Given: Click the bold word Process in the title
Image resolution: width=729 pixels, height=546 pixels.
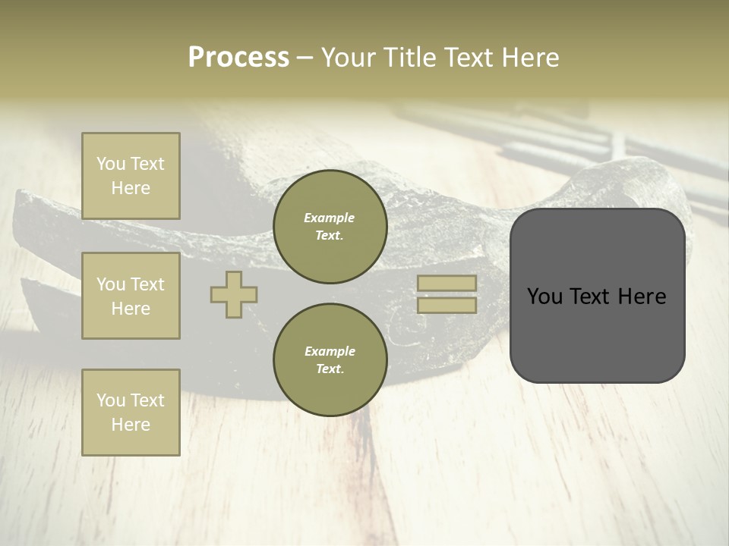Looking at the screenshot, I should tap(238, 58).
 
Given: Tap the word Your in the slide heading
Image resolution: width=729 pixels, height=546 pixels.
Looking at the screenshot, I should tap(350, 58).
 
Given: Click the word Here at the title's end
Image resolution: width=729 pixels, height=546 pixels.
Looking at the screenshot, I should tap(531, 58).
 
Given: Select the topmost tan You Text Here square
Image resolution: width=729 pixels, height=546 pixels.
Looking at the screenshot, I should tap(131, 176).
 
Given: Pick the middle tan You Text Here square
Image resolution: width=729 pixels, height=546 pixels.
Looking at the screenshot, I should tap(131, 296).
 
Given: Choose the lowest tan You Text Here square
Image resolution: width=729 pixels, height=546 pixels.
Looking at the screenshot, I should tap(131, 413).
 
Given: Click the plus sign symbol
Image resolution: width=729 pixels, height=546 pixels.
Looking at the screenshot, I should tap(234, 294).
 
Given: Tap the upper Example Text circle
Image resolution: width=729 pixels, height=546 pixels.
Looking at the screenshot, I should tap(330, 227).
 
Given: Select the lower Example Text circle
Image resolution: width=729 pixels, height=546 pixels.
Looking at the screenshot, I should tap(330, 360).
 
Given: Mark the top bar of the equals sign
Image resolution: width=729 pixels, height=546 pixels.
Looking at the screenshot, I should tap(447, 283).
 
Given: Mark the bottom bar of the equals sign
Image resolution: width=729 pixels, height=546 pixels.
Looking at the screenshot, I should tap(447, 306).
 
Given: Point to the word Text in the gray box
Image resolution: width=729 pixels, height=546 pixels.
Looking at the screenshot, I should tap(591, 297).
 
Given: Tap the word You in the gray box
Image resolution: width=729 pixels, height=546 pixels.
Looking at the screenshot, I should tap(544, 297).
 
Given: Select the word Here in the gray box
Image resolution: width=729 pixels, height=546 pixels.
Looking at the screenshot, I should tap(642, 297).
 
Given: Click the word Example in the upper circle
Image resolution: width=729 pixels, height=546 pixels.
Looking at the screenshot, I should tap(330, 218).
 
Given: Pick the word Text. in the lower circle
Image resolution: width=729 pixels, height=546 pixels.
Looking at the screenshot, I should tap(330, 369).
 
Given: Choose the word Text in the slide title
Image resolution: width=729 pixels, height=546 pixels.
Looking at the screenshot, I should tap(469, 58).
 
